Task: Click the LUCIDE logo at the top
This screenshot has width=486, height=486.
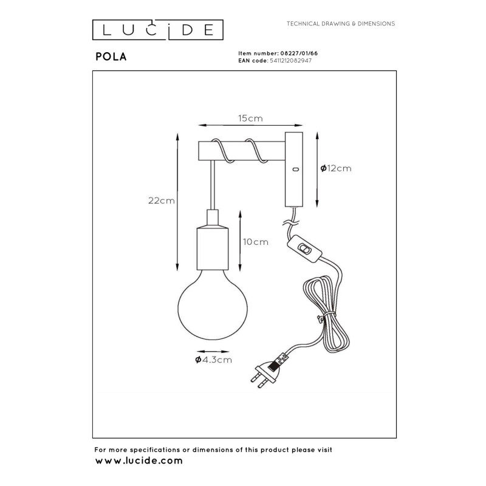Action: pyautogui.click(x=158, y=30)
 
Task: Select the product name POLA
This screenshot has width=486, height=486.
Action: pyautogui.click(x=111, y=56)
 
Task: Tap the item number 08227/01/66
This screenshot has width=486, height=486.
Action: pyautogui.click(x=299, y=53)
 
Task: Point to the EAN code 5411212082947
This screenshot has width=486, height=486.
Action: pyautogui.click(x=291, y=61)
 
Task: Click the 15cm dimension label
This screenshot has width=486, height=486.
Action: pyautogui.click(x=250, y=118)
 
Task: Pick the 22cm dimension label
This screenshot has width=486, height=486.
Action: pyautogui.click(x=162, y=201)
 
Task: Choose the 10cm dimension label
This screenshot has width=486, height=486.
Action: pyautogui.click(x=256, y=242)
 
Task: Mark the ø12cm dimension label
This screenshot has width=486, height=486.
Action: pyautogui.click(x=336, y=168)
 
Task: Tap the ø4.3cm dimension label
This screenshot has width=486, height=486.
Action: pyautogui.click(x=214, y=360)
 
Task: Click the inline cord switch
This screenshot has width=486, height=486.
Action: pyautogui.click(x=305, y=249)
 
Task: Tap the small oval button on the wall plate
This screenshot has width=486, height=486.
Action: pyautogui.click(x=295, y=169)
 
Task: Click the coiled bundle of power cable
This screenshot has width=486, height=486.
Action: pyautogui.click(x=326, y=313)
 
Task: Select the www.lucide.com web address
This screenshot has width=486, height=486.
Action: pyautogui.click(x=139, y=461)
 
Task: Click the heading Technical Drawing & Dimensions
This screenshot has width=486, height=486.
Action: pyautogui.click(x=341, y=24)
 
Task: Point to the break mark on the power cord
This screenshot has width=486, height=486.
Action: pyautogui.click(x=291, y=222)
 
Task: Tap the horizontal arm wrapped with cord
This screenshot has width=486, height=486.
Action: pyautogui.click(x=242, y=151)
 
